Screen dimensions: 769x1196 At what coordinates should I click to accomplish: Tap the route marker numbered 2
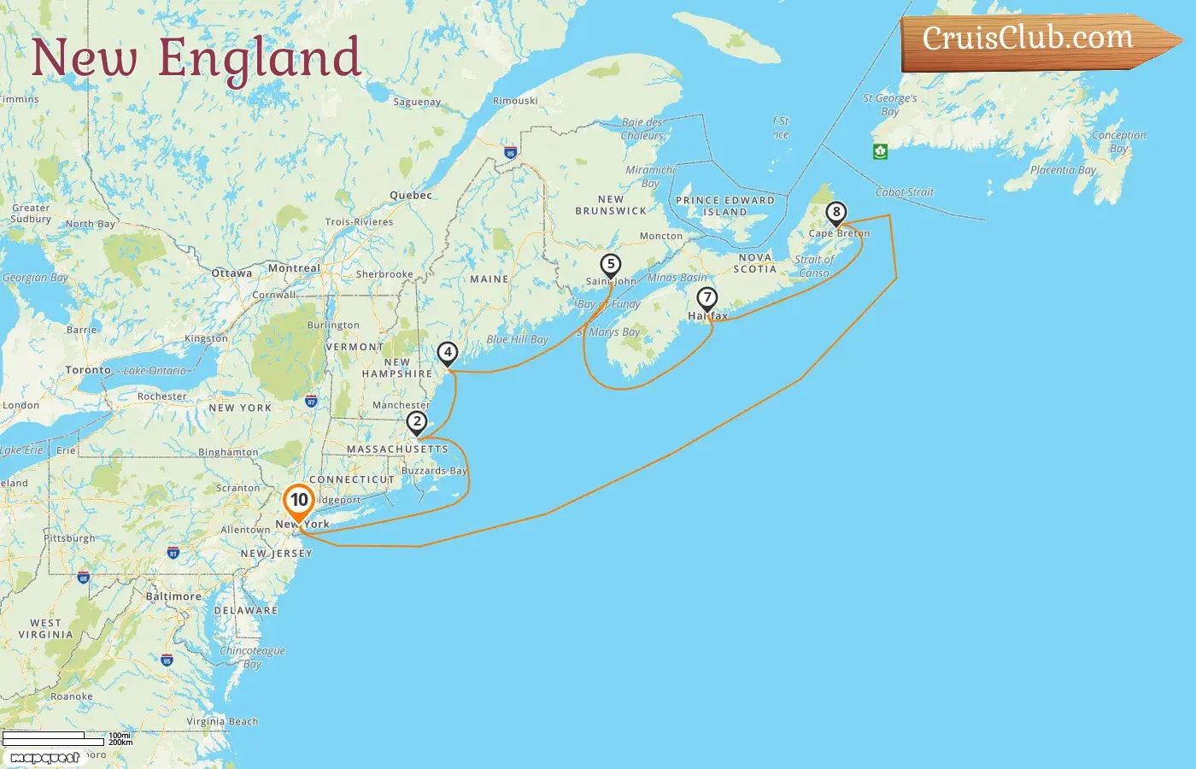coord(417,422)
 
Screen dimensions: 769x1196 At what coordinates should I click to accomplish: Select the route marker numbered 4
coord(448,353)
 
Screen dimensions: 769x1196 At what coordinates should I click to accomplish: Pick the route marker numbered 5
coord(610,265)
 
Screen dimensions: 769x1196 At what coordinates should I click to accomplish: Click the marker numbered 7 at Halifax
coord(706,298)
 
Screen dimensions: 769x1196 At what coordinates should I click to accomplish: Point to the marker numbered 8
coord(836,213)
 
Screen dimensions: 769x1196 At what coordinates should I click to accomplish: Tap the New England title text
coord(196,58)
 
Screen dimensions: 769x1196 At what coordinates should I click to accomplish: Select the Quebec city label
coord(411,195)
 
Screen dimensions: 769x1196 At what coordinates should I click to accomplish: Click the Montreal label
coord(294,268)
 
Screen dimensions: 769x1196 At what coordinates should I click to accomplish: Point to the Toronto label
coord(88,370)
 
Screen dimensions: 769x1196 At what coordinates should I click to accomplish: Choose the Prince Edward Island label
coord(725,206)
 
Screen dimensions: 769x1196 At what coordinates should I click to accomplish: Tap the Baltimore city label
coord(173,596)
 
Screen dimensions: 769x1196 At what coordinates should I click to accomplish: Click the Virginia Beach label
coord(222,721)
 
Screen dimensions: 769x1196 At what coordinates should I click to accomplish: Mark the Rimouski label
coord(515,101)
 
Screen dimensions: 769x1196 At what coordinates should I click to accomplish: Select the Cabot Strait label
coord(905,192)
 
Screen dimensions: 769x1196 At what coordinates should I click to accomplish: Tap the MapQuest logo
coord(44,757)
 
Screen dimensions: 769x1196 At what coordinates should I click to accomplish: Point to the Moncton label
coord(661,236)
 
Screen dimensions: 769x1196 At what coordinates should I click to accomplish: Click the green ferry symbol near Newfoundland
coord(880,151)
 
